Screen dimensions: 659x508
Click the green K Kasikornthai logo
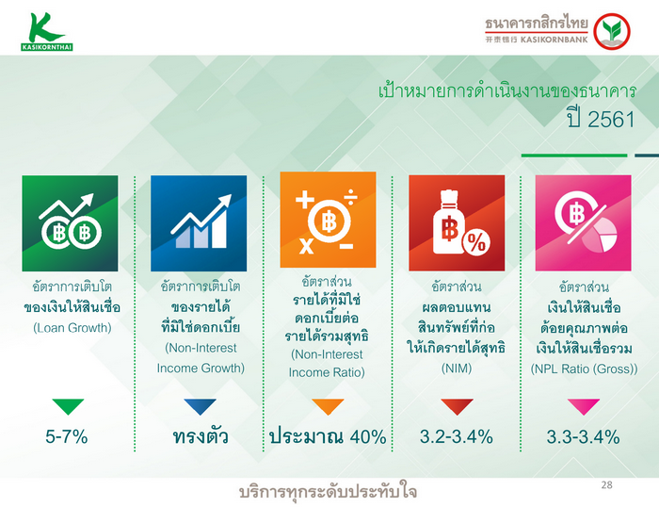point(47,31)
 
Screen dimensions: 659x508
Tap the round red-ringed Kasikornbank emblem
point(612,31)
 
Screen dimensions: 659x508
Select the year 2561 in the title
point(611,120)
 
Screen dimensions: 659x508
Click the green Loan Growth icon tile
point(71,223)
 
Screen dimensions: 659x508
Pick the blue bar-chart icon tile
point(199,223)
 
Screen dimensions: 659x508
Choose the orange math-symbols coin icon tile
point(328,220)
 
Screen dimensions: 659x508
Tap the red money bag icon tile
point(457,223)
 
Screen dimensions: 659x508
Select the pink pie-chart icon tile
point(583,223)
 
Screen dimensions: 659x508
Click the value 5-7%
point(67,436)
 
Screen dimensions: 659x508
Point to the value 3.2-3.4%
point(456,436)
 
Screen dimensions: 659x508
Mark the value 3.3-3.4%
point(583,436)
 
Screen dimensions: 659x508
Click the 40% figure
point(368,436)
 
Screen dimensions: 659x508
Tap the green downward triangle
point(68,406)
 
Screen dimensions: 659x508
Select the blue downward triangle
point(200,406)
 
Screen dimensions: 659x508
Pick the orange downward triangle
point(328,406)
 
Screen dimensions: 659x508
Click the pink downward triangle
point(584,406)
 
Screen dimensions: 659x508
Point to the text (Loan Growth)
point(72,328)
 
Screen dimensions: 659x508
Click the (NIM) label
point(457,369)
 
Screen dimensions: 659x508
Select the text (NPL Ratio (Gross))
point(584,369)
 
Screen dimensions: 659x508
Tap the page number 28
point(606,484)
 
